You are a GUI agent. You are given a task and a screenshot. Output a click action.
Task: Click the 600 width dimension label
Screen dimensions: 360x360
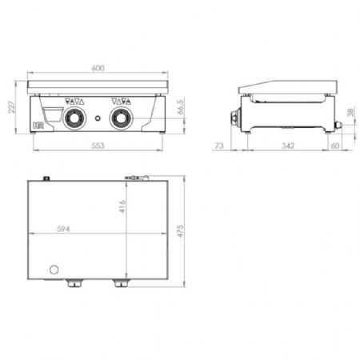point(98,68)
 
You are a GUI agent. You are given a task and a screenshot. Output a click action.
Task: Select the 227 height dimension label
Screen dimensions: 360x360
point(12,107)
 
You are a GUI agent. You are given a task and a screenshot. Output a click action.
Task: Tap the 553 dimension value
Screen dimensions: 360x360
point(98,146)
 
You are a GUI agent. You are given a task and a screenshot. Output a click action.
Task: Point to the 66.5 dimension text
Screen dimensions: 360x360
point(181,107)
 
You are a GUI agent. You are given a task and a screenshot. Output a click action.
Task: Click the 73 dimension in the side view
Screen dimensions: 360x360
point(219,146)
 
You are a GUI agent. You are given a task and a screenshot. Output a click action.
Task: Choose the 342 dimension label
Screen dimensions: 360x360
point(288,146)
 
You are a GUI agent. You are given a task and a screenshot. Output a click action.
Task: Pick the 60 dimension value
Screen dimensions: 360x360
point(335,146)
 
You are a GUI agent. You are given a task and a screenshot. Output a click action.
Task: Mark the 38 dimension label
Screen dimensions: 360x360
point(351,112)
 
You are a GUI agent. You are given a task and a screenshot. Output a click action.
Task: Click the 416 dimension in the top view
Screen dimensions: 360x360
point(122,206)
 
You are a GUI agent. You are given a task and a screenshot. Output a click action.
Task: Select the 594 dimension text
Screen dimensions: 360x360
point(63,229)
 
